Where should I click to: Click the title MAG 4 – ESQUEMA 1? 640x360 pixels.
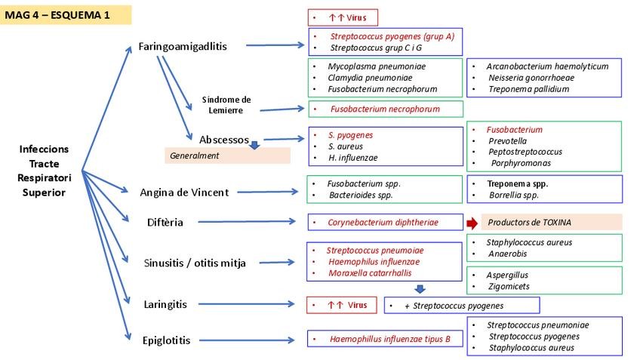click(57, 16)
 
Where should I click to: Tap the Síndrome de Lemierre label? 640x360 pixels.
click(226, 105)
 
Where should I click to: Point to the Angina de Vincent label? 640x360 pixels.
click(184, 192)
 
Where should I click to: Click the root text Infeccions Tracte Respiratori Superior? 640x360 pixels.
click(44, 171)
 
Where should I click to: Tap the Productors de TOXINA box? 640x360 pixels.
click(551, 223)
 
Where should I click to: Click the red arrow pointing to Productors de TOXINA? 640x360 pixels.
click(472, 223)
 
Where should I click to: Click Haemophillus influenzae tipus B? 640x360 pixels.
click(389, 340)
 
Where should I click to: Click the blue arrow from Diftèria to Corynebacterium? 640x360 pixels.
click(249, 222)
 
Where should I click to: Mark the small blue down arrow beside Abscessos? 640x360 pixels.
click(254, 145)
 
